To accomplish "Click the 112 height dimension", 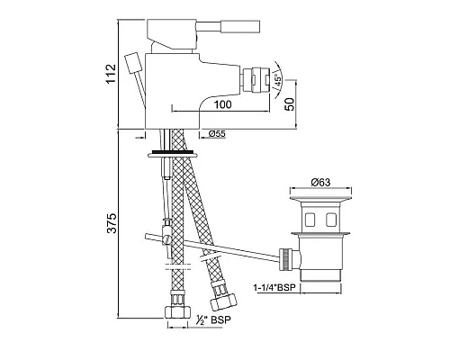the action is (111, 74).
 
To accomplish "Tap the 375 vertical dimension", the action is (112, 223).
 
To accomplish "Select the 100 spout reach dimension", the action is (223, 104).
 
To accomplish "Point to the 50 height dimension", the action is (291, 103).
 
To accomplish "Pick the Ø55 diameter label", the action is (217, 134).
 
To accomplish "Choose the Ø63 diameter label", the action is (320, 182).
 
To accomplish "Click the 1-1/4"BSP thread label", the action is (274, 288).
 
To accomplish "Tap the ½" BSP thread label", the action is (213, 319).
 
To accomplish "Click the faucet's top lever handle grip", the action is (239, 26).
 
